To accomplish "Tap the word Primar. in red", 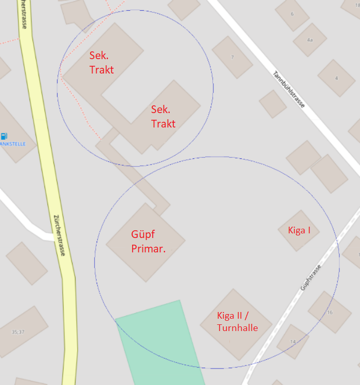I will (x=148, y=249).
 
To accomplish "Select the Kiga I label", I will (x=299, y=230).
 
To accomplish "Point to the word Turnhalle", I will (x=237, y=327).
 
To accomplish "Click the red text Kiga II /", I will (x=233, y=315).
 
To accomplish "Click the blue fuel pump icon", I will (x=4, y=136).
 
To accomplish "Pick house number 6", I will (x=292, y=13).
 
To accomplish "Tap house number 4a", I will (x=310, y=40).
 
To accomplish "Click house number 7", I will (x=232, y=57).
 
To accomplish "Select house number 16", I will (x=330, y=313).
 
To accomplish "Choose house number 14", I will (x=293, y=342).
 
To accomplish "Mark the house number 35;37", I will (x=18, y=332).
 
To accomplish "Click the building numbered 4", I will (x=337, y=78).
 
